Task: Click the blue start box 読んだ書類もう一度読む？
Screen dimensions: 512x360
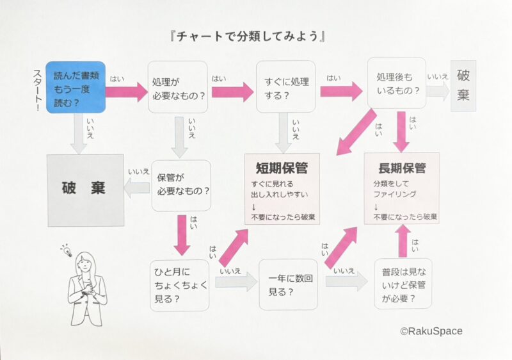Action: tap(76, 87)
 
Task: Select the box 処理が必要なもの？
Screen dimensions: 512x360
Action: tap(178, 87)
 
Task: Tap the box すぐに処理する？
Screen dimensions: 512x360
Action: tap(285, 86)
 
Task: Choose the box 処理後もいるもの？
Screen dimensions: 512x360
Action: tap(397, 83)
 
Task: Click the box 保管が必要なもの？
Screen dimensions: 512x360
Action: tap(181, 185)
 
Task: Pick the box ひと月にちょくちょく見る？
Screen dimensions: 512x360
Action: tap(180, 286)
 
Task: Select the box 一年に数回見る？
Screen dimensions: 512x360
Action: tap(289, 284)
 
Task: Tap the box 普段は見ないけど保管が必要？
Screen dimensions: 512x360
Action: tap(403, 284)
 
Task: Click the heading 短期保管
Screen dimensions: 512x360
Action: tap(282, 168)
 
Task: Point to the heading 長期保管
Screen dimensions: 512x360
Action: tap(402, 168)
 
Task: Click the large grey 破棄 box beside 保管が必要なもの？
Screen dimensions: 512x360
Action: tap(86, 190)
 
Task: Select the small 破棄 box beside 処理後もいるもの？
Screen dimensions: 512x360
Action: tap(463, 86)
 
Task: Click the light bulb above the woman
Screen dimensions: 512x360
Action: tap(67, 250)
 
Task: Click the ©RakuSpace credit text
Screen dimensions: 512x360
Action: tap(431, 331)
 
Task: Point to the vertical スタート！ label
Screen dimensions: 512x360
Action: tap(38, 90)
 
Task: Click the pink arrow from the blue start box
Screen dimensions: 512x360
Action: tap(127, 92)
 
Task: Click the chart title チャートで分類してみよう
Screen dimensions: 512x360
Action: tap(248, 36)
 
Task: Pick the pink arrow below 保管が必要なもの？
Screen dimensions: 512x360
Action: tap(182, 235)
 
